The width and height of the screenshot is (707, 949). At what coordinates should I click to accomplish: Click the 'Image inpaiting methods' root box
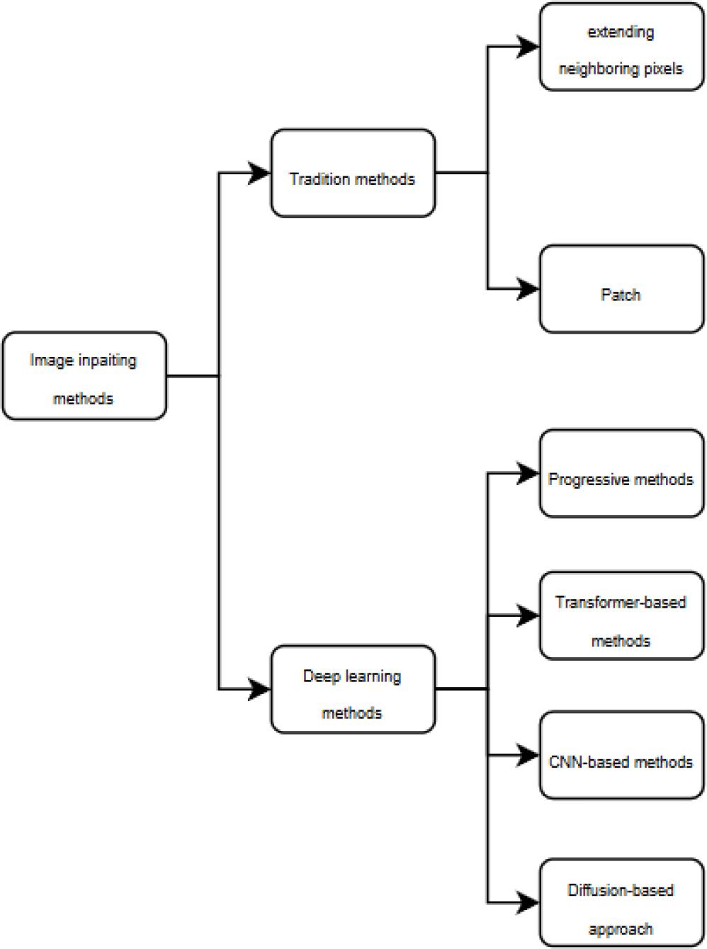coord(84,376)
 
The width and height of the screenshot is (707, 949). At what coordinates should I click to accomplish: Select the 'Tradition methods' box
coord(353,174)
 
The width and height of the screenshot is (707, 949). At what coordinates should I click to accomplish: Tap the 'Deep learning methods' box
coord(353,689)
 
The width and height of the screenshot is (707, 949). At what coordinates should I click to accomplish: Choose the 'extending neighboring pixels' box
coord(621,47)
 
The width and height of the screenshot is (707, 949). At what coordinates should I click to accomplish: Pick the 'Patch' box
coord(621,290)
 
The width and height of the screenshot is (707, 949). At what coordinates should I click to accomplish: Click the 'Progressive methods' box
coord(621,473)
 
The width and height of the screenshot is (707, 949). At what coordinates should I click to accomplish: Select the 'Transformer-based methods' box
coord(621,616)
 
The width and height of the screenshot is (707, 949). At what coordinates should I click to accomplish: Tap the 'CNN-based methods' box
coord(621,756)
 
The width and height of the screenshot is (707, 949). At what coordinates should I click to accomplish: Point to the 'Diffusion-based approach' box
coord(621,903)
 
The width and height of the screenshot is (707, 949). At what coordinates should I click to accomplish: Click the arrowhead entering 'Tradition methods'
coord(259,173)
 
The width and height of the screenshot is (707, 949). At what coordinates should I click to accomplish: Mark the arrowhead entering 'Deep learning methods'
coord(259,688)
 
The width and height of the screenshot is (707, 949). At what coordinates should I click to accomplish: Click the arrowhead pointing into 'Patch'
coord(528,289)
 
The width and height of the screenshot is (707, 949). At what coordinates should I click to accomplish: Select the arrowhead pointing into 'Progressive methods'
coord(528,473)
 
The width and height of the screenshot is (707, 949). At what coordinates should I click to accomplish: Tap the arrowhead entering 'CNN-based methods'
coord(528,756)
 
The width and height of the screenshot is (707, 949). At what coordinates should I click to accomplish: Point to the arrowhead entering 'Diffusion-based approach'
coord(528,902)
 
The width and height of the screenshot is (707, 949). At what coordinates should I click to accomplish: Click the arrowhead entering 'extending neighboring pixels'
coord(528,47)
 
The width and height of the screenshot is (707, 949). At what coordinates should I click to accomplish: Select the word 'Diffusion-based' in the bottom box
coord(621,890)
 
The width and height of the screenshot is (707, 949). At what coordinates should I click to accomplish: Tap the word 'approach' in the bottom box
coord(621,928)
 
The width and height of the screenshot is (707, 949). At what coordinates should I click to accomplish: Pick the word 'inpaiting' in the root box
coord(107,360)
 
